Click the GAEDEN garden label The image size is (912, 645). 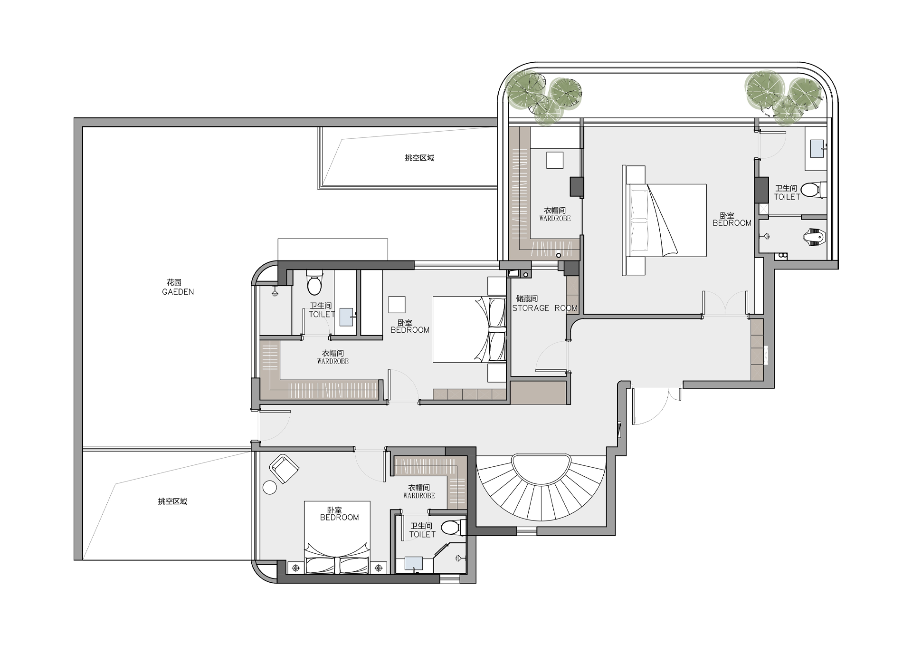click(x=178, y=292)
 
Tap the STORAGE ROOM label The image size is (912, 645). click(x=544, y=308)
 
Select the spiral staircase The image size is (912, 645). click(x=541, y=487)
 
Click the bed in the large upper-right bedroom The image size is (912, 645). click(x=665, y=220)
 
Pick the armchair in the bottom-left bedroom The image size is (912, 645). click(x=284, y=468)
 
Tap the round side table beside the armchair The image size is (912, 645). click(x=270, y=488)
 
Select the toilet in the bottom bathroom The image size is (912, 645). click(x=453, y=527)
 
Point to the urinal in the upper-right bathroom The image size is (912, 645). click(x=817, y=237)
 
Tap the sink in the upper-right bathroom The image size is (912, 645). click(x=817, y=149)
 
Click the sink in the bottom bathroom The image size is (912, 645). click(x=414, y=564)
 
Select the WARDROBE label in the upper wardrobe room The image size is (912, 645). click(x=555, y=219)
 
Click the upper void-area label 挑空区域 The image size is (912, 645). click(x=419, y=158)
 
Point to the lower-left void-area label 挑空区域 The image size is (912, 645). click(x=172, y=501)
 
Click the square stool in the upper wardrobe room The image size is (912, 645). click(x=554, y=160)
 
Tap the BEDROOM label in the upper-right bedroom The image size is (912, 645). click(x=732, y=223)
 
